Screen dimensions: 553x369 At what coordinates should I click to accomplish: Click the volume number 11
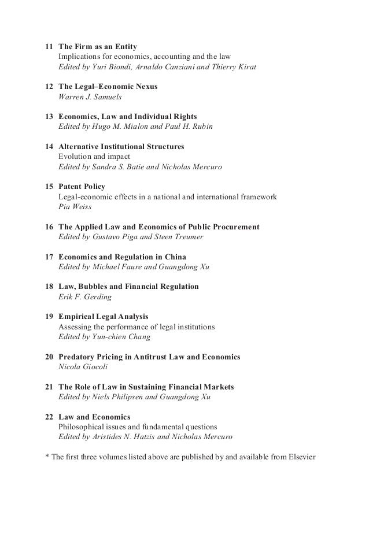[49, 46]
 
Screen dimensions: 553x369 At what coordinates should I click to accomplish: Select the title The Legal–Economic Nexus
[108, 87]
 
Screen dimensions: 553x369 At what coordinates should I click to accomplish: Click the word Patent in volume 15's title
[71, 187]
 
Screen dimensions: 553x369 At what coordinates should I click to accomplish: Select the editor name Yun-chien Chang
[127, 337]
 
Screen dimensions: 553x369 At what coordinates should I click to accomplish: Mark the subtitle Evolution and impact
[94, 157]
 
